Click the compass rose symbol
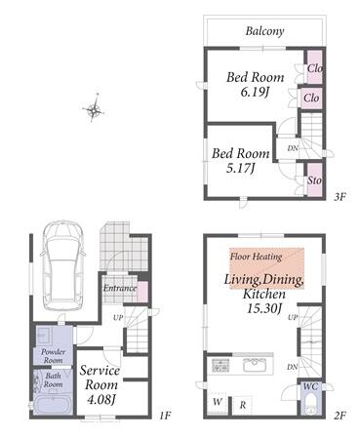94,108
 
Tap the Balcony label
264,31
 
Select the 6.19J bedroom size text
255,93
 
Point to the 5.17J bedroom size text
240,169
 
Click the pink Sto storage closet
314,180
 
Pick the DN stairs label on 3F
293,148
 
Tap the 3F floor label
340,197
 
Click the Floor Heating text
256,257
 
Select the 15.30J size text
263,308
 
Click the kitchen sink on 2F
255,365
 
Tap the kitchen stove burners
220,365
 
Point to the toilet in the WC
312,405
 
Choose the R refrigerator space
242,405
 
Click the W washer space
218,402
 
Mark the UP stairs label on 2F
293,317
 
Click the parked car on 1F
62,265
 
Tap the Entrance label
120,288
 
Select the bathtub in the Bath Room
53,405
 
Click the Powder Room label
53,356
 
